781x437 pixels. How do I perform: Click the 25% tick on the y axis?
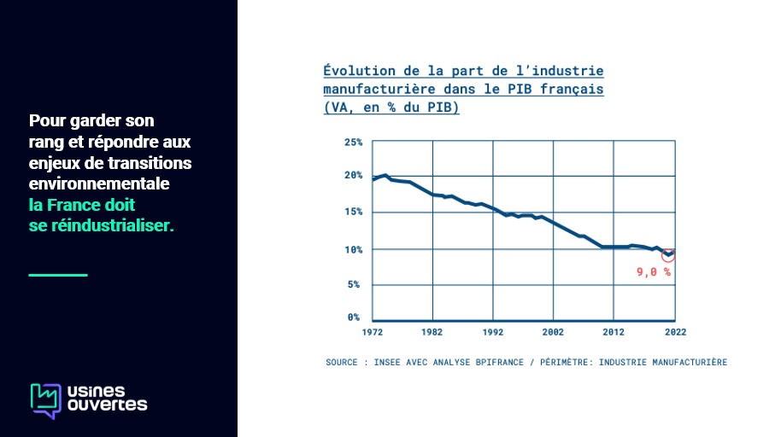click(353, 142)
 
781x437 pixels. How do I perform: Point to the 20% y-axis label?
click(353, 175)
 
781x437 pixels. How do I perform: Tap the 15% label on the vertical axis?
click(353, 212)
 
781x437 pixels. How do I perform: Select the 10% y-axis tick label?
click(353, 249)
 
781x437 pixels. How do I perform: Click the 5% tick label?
click(355, 284)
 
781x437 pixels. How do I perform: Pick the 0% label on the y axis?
click(355, 318)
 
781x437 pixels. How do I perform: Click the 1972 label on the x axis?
click(373, 332)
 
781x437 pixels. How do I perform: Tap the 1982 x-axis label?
click(432, 332)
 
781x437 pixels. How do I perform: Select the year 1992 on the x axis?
click(492, 332)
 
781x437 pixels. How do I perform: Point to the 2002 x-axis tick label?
click(553, 332)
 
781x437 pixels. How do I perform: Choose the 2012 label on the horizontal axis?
click(614, 332)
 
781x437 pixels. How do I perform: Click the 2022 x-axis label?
click(674, 332)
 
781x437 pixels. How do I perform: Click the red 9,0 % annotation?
click(654, 272)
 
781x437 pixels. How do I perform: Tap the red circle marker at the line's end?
click(668, 254)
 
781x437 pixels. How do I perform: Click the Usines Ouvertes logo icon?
click(46, 400)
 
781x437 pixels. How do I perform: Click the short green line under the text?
click(58, 275)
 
